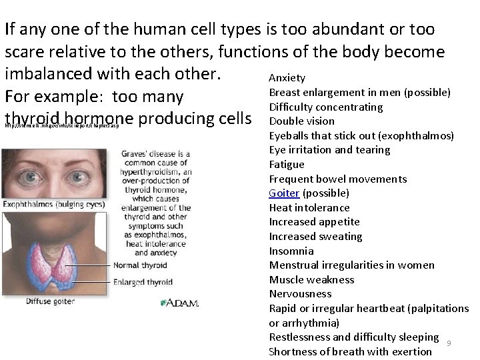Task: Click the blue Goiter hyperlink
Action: tap(284, 193)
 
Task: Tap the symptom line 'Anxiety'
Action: tap(287, 78)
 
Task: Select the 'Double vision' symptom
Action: tap(301, 121)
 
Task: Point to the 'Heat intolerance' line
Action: tap(309, 208)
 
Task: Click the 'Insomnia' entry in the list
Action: tap(291, 251)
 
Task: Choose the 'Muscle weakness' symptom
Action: tap(311, 280)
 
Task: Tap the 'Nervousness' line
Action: tap(300, 294)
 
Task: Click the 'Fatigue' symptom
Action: tap(286, 165)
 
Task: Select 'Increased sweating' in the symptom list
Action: tap(315, 237)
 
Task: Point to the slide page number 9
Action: tap(449, 343)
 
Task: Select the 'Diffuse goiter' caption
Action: tap(51, 301)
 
